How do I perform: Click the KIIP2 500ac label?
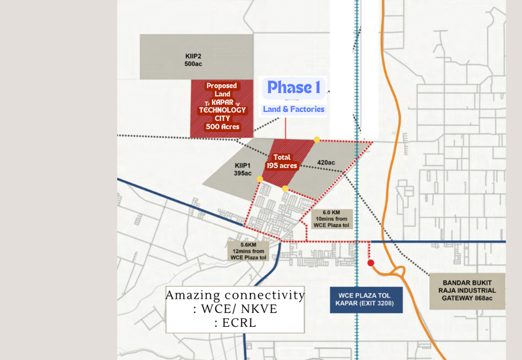tap(192, 60)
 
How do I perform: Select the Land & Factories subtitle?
tap(293, 109)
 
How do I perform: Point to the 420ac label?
tap(326, 162)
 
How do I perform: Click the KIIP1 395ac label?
tap(242, 169)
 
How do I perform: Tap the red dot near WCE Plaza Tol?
tap(371, 263)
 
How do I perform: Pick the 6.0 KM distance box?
tap(333, 218)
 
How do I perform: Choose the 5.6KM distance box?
tap(248, 250)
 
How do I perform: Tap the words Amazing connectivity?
tap(235, 295)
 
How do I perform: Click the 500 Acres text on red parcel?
tap(221, 127)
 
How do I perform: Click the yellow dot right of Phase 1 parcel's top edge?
tap(317, 139)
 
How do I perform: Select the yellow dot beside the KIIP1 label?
tap(260, 178)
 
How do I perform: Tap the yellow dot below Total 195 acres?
tap(285, 188)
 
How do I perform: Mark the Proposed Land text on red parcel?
tap(221, 90)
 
